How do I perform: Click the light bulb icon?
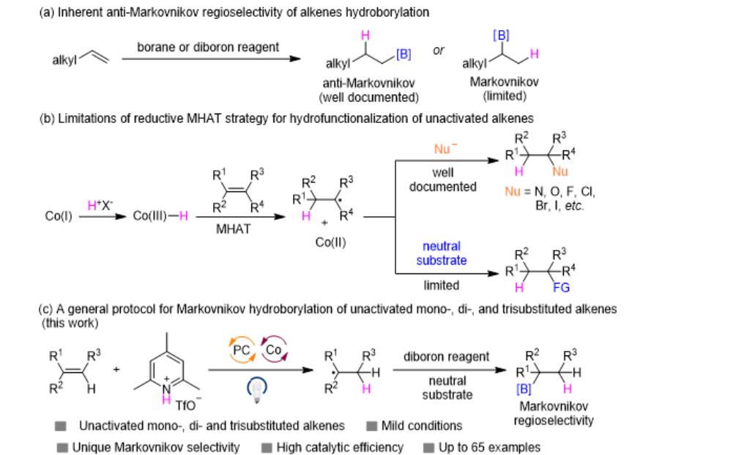coord(257,389)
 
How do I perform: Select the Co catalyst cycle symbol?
coord(274,349)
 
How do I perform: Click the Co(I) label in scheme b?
coord(58,216)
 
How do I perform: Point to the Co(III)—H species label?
coord(160,216)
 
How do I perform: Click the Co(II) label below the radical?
coord(330,243)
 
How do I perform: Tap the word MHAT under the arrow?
coord(234,229)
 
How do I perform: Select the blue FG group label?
coord(562,287)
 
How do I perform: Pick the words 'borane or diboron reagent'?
coord(208,47)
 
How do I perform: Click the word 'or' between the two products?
coord(439,51)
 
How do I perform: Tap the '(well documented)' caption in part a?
coord(369,97)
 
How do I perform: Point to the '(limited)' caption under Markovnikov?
coord(505,96)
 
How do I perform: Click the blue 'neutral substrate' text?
coord(442,253)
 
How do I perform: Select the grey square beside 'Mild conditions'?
coord(372,426)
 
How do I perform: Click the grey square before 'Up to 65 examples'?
coord(428,448)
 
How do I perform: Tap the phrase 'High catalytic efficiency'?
coord(340,448)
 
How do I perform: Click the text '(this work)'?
coord(70,323)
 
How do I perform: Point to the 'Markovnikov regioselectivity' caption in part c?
coord(554,413)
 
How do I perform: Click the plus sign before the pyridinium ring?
coord(116,369)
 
